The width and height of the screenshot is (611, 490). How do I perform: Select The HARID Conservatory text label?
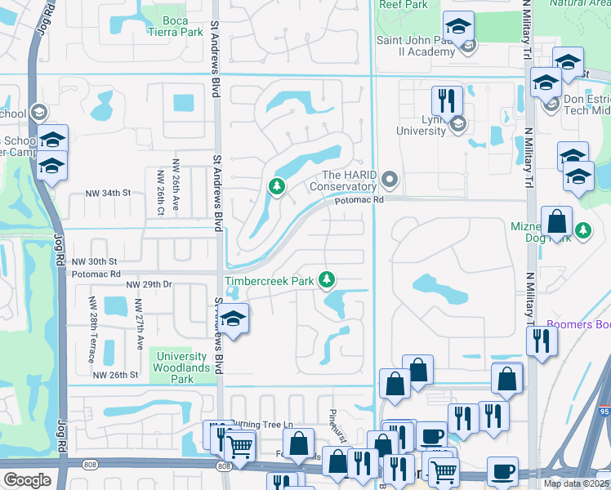[x=342, y=180]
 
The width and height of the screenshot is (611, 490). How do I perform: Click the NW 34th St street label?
[x=109, y=194]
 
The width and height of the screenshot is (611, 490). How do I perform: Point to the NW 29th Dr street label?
[x=149, y=284]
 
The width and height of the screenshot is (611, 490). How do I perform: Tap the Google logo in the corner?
[x=27, y=480]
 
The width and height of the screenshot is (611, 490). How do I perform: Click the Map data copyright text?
[x=576, y=483]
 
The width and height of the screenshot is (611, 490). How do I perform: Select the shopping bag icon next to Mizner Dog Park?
[x=556, y=221]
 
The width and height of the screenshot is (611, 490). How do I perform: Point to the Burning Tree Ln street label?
[x=258, y=425]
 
